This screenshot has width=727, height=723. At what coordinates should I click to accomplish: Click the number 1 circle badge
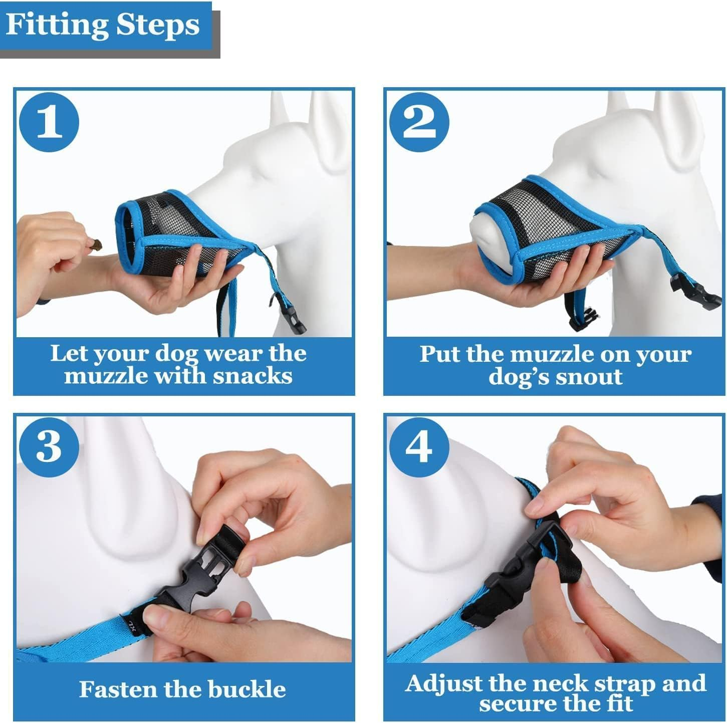49,123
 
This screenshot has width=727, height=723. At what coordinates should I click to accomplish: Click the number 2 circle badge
419,123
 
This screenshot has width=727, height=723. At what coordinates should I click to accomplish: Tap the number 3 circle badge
49,446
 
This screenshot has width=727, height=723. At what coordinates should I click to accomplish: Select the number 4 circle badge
419,446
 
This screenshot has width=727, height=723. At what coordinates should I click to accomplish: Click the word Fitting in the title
57,25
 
